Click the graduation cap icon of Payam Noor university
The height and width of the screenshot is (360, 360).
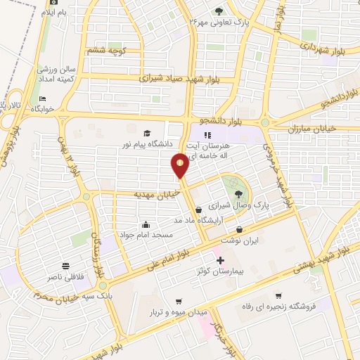tap(147, 134)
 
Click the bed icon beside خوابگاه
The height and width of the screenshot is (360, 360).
tap(42, 99)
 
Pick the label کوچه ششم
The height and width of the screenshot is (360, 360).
tap(103, 51)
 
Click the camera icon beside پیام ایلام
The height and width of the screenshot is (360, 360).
tap(53, 3)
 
